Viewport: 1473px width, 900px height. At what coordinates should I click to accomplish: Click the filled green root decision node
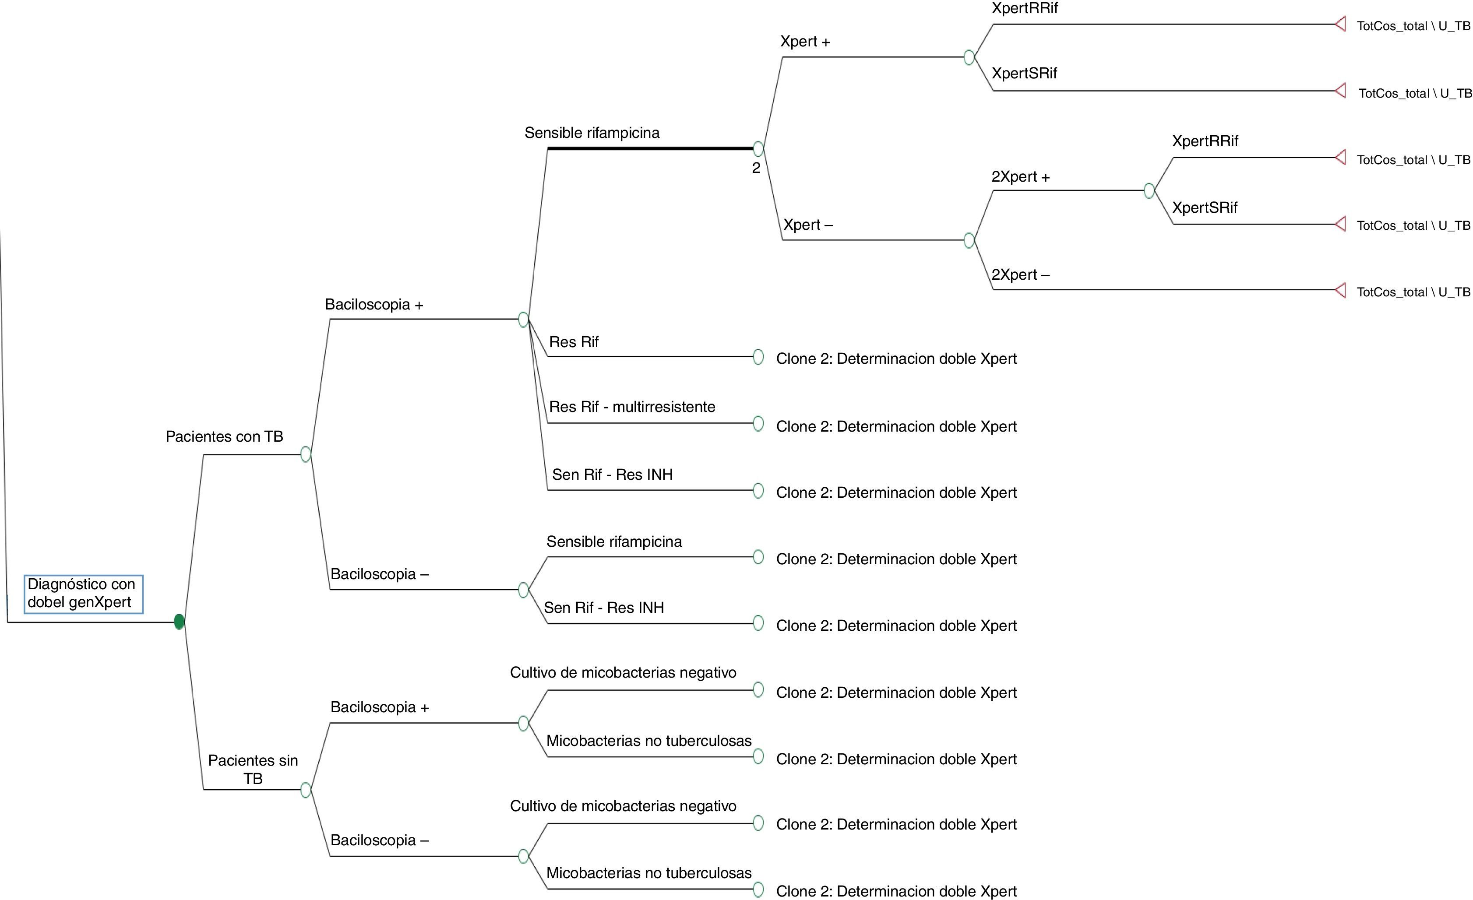(179, 622)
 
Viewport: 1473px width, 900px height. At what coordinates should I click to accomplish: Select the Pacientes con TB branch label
(224, 436)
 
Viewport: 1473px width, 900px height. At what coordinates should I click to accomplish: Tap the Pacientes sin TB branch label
(253, 769)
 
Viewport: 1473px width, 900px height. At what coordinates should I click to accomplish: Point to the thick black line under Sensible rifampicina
(650, 148)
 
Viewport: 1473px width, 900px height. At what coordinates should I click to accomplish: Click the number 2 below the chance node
(756, 168)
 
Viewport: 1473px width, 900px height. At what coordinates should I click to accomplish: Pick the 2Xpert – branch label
(1020, 274)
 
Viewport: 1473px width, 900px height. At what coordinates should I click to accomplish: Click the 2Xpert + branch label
(1020, 177)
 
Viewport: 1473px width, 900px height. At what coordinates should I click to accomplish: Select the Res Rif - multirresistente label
(632, 407)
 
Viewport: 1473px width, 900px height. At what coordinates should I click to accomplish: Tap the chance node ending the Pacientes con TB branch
(306, 454)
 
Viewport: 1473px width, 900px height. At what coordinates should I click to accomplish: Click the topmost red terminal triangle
(1340, 25)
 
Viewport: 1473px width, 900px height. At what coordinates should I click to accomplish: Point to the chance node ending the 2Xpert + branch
(1149, 191)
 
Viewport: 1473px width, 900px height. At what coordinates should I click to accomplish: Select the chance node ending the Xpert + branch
(969, 57)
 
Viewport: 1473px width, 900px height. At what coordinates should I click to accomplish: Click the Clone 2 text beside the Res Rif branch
(896, 359)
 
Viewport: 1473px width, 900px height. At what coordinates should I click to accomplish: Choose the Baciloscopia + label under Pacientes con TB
(374, 305)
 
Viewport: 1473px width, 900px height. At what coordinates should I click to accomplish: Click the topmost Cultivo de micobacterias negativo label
(623, 672)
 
